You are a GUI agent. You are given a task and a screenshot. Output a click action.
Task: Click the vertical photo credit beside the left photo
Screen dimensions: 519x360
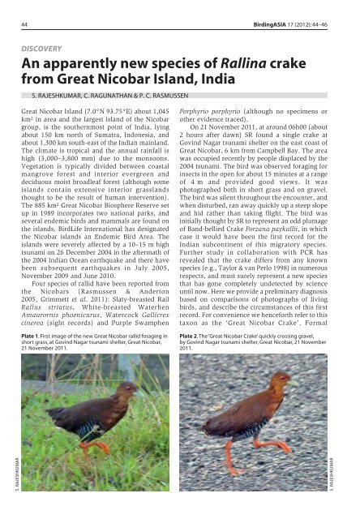point(12,483)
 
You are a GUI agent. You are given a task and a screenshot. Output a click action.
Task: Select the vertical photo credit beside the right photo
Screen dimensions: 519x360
point(351,483)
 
